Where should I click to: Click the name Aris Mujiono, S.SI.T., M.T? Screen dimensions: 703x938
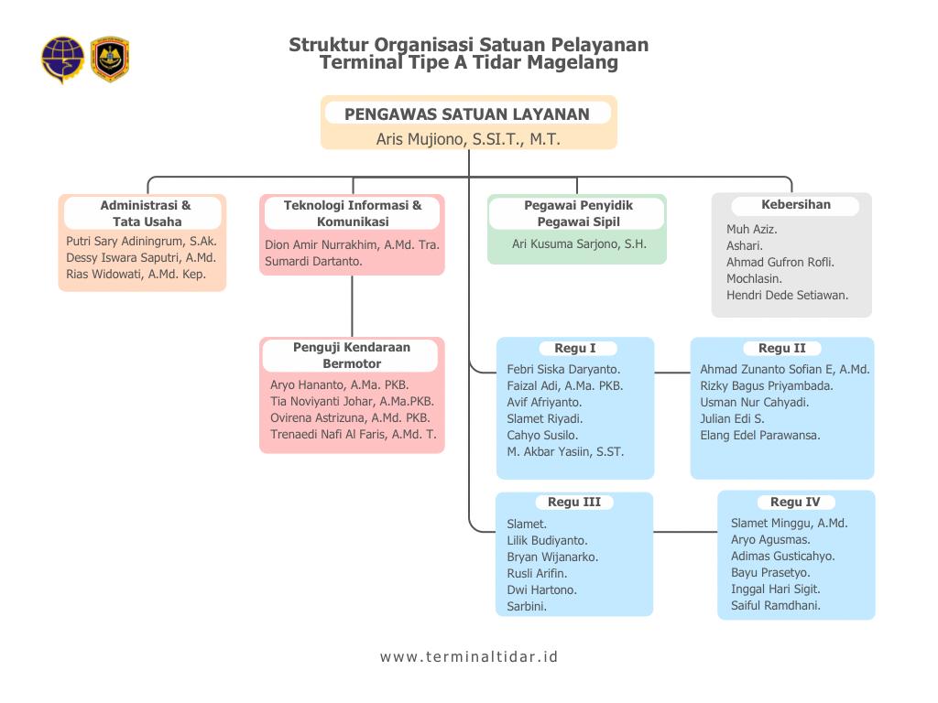pos(468,139)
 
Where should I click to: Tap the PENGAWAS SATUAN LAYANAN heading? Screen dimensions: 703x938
pos(466,114)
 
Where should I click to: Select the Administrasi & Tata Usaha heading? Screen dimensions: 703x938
pos(146,213)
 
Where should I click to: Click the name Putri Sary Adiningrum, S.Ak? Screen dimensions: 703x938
pos(141,242)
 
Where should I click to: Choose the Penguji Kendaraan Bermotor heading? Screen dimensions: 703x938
pos(352,355)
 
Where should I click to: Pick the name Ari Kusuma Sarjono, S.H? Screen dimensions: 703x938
pos(579,244)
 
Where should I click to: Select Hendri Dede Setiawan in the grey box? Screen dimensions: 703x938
pos(787,295)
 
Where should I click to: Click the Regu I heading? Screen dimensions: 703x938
pos(575,348)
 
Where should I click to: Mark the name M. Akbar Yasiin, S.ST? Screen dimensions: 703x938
pos(565,451)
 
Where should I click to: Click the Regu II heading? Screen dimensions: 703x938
pos(782,348)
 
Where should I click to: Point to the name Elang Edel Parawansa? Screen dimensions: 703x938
pos(760,435)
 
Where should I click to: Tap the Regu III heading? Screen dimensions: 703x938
pos(574,502)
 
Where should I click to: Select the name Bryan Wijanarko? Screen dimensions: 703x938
pos(552,557)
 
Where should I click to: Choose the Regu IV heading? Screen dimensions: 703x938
pos(795,502)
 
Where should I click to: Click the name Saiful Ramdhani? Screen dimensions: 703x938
pos(776,605)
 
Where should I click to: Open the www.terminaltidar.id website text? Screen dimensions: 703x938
pos(469,656)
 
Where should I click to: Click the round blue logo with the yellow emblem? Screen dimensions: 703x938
pos(62,59)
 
